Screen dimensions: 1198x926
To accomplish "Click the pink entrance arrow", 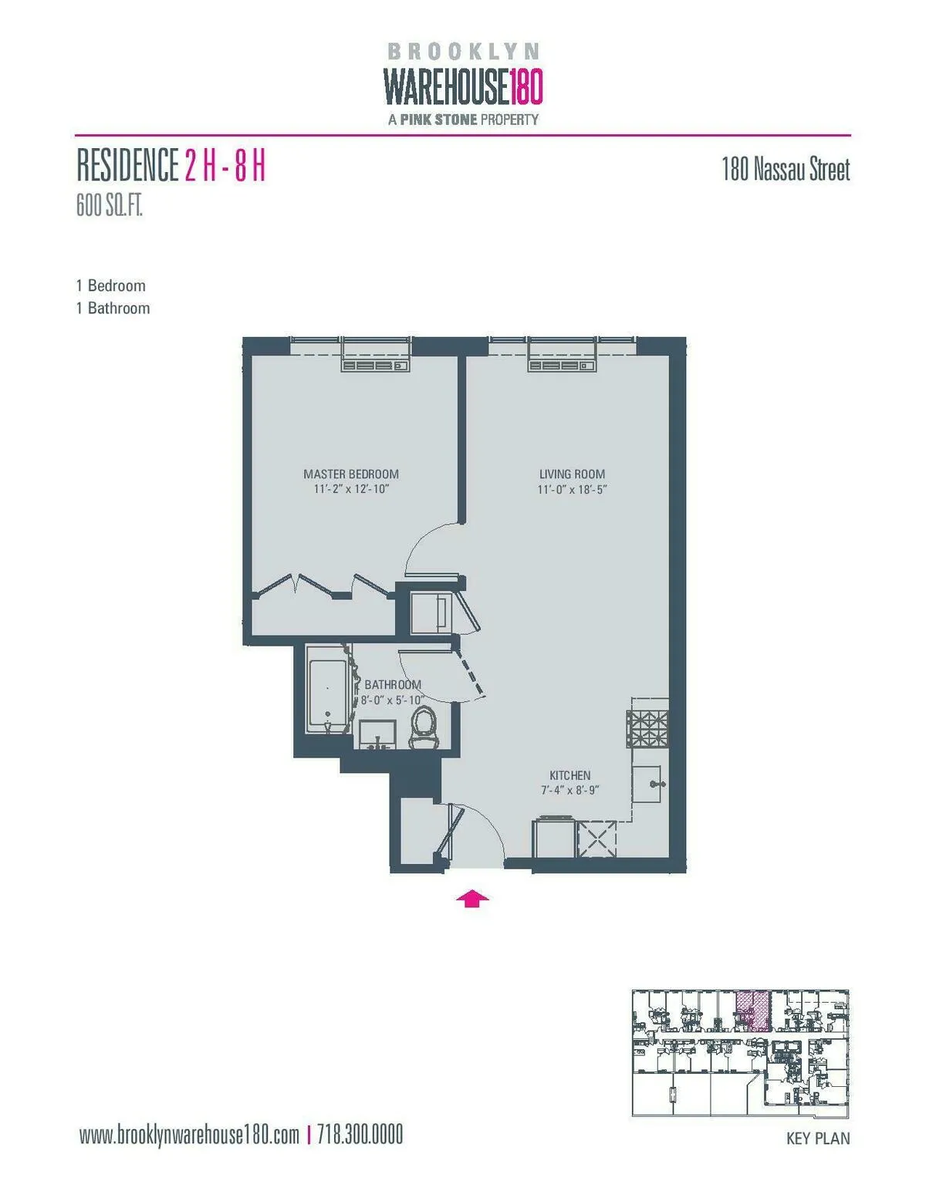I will tap(472, 899).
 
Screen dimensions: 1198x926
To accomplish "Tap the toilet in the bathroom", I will tap(423, 727).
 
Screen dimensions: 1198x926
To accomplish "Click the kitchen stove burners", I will tap(647, 728).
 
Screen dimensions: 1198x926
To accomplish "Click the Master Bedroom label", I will tap(351, 474).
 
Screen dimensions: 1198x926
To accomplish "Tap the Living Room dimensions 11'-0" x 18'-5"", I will tap(573, 490).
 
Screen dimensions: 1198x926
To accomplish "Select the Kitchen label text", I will tap(570, 775).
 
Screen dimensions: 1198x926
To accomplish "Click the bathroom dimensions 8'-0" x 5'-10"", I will tap(393, 700).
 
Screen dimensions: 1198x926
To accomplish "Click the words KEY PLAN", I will tap(818, 1138).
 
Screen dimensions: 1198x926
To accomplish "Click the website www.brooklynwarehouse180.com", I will tap(189, 1135).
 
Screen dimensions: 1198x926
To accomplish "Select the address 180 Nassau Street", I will tap(786, 170).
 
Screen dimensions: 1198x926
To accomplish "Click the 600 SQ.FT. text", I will tap(110, 207).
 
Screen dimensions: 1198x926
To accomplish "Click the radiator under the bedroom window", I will tap(376, 365).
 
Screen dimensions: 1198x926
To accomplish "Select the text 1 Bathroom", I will tap(113, 308).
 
